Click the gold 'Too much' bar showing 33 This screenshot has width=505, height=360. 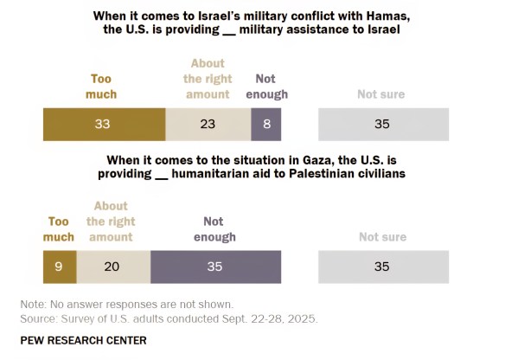point(104,124)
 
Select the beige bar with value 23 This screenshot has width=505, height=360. point(208,124)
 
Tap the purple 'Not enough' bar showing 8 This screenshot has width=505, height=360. point(266,124)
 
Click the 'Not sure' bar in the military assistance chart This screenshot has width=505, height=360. point(383,124)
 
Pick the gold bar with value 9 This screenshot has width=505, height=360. point(60,267)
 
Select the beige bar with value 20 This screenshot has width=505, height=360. point(112,267)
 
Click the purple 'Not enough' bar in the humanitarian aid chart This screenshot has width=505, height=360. point(215,267)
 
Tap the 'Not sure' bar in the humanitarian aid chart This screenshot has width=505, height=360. point(383,267)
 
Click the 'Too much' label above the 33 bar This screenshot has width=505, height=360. point(102,87)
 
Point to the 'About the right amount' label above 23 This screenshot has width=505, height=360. point(208,79)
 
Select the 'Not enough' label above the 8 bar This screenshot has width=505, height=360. point(266,87)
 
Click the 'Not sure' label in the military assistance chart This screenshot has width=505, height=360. point(381,94)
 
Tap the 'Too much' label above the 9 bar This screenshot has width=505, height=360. point(60,229)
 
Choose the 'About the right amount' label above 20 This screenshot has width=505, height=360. point(110,222)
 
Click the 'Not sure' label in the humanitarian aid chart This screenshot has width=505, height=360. point(382,237)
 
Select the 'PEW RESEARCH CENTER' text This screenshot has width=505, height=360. point(83,340)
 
